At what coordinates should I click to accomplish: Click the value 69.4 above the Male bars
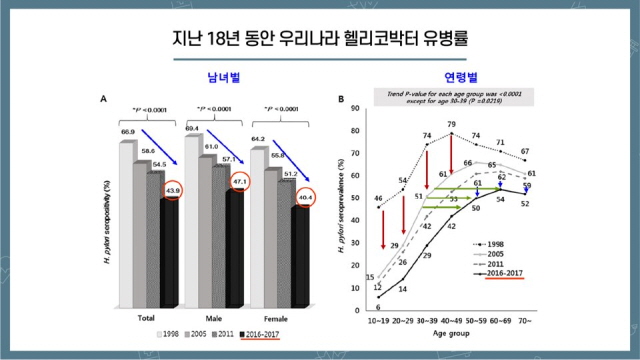point(193,128)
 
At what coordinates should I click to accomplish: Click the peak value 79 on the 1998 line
point(451,124)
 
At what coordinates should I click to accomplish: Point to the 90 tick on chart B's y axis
point(355,107)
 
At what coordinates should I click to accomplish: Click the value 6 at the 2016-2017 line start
point(379,307)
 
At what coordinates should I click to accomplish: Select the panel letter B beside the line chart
point(342,99)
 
